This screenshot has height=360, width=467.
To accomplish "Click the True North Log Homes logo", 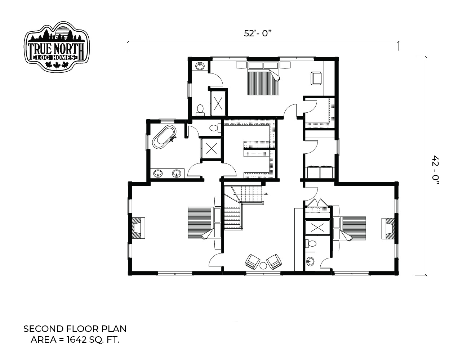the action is click(x=57, y=47).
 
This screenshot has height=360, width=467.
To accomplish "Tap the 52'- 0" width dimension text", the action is click(x=258, y=33).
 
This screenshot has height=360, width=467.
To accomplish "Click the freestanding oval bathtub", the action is click(x=164, y=137).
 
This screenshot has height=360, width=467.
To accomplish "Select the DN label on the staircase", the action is click(x=266, y=194).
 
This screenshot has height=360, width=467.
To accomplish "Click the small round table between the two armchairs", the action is click(x=263, y=266).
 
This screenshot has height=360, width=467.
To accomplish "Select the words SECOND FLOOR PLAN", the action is click(x=75, y=329).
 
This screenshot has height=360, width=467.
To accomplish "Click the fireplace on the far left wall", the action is click(x=138, y=228).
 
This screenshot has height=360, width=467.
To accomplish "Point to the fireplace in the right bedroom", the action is click(x=388, y=228).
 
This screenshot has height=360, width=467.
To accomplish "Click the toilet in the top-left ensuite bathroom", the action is click(x=200, y=110).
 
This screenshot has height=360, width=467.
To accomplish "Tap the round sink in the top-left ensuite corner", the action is click(x=200, y=66).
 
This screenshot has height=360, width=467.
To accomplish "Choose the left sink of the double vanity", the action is click(x=159, y=173).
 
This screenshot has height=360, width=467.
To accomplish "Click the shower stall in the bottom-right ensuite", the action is click(x=317, y=228).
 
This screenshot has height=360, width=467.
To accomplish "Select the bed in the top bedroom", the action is click(x=263, y=78).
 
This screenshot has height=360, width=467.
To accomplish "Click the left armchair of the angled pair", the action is click(x=253, y=262).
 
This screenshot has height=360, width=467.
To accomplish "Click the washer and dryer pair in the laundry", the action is click(x=320, y=172).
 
